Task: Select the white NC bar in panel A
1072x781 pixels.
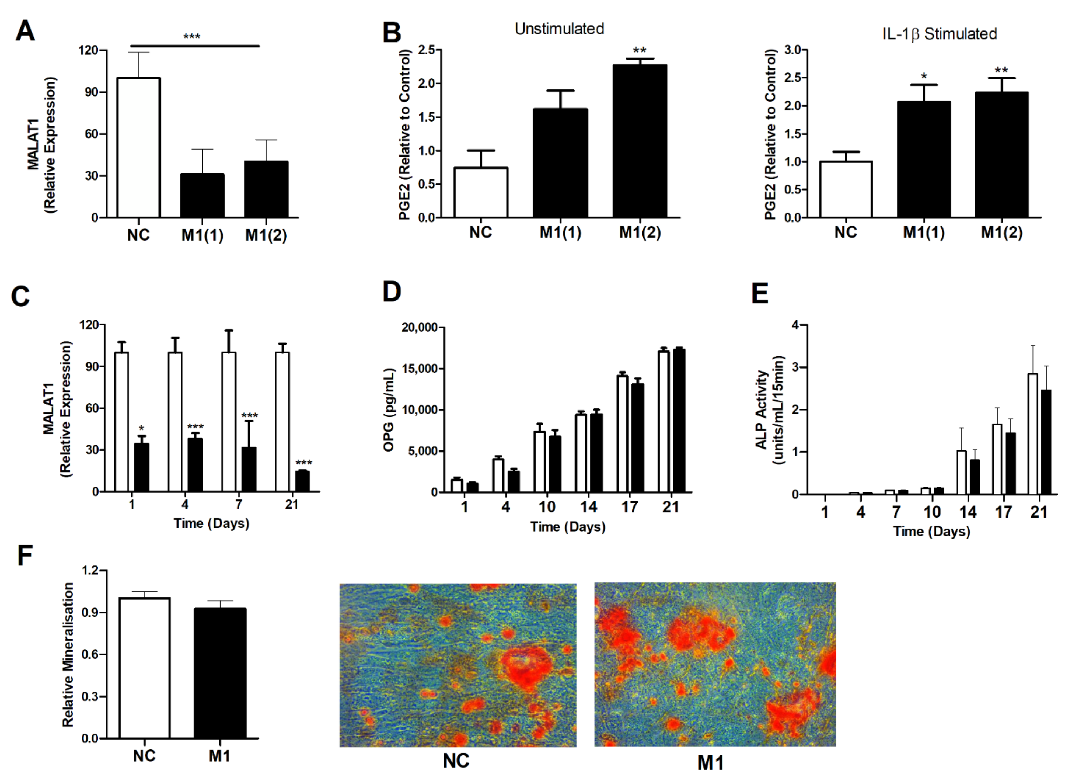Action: click(138, 148)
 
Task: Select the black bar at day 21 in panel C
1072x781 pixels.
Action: click(302, 481)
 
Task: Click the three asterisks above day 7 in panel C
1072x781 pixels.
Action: click(250, 416)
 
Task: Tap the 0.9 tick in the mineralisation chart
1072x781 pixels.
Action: click(90, 612)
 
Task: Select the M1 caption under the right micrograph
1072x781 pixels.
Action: click(710, 763)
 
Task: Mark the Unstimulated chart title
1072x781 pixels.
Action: click(559, 29)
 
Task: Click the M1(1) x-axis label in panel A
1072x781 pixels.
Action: click(202, 235)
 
